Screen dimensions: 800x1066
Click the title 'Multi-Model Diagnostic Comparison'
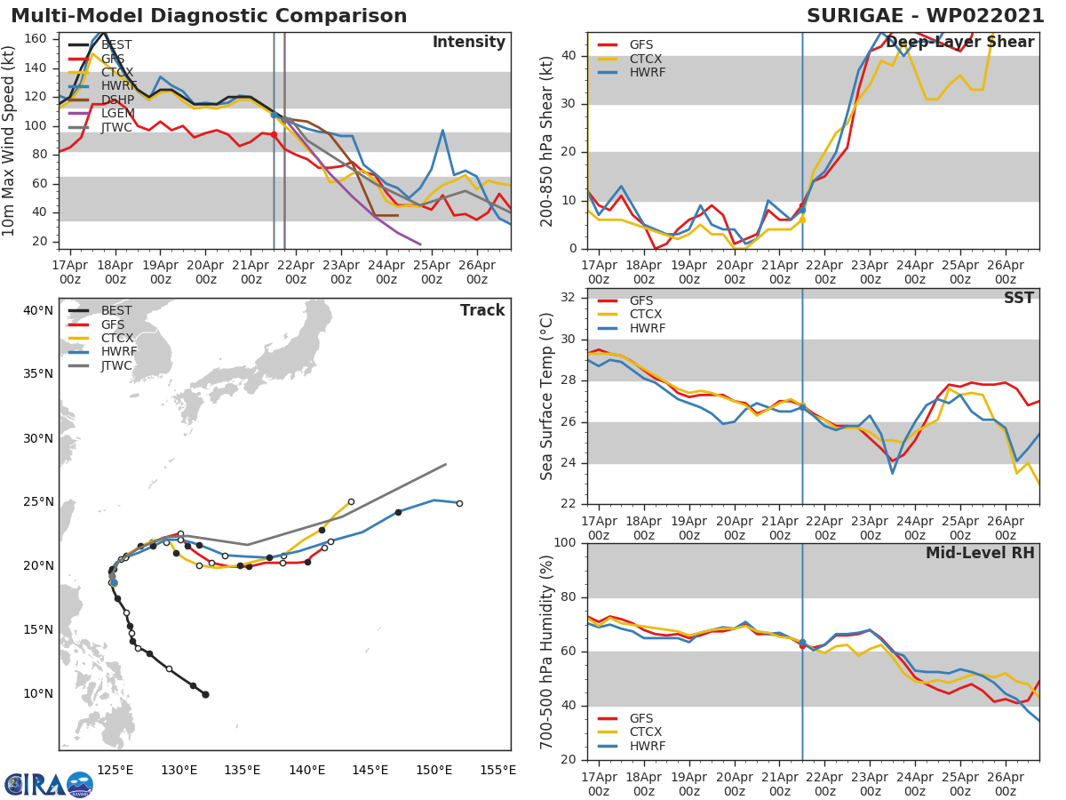(x=209, y=16)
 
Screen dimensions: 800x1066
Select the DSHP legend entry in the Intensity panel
(x=117, y=100)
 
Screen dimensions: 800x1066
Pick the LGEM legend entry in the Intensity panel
(x=117, y=114)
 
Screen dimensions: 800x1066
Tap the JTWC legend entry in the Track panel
(x=116, y=365)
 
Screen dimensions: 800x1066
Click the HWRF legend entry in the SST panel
(x=647, y=328)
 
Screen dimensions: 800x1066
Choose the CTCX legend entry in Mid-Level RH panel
(x=647, y=732)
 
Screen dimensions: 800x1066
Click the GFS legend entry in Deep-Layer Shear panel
(x=640, y=44)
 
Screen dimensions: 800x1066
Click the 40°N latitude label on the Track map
(x=38, y=310)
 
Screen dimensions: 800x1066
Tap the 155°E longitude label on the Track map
(x=497, y=770)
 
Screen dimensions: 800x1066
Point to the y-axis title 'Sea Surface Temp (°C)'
(x=547, y=396)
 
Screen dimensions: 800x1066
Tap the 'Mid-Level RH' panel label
(x=980, y=553)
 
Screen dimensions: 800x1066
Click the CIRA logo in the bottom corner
(x=49, y=784)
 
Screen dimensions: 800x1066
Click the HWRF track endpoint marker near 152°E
(x=459, y=503)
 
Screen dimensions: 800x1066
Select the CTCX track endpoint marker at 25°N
(x=351, y=501)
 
